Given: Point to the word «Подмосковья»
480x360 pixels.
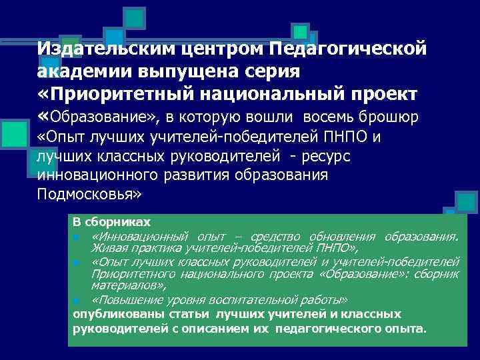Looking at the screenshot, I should pyautogui.click(x=89, y=195).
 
